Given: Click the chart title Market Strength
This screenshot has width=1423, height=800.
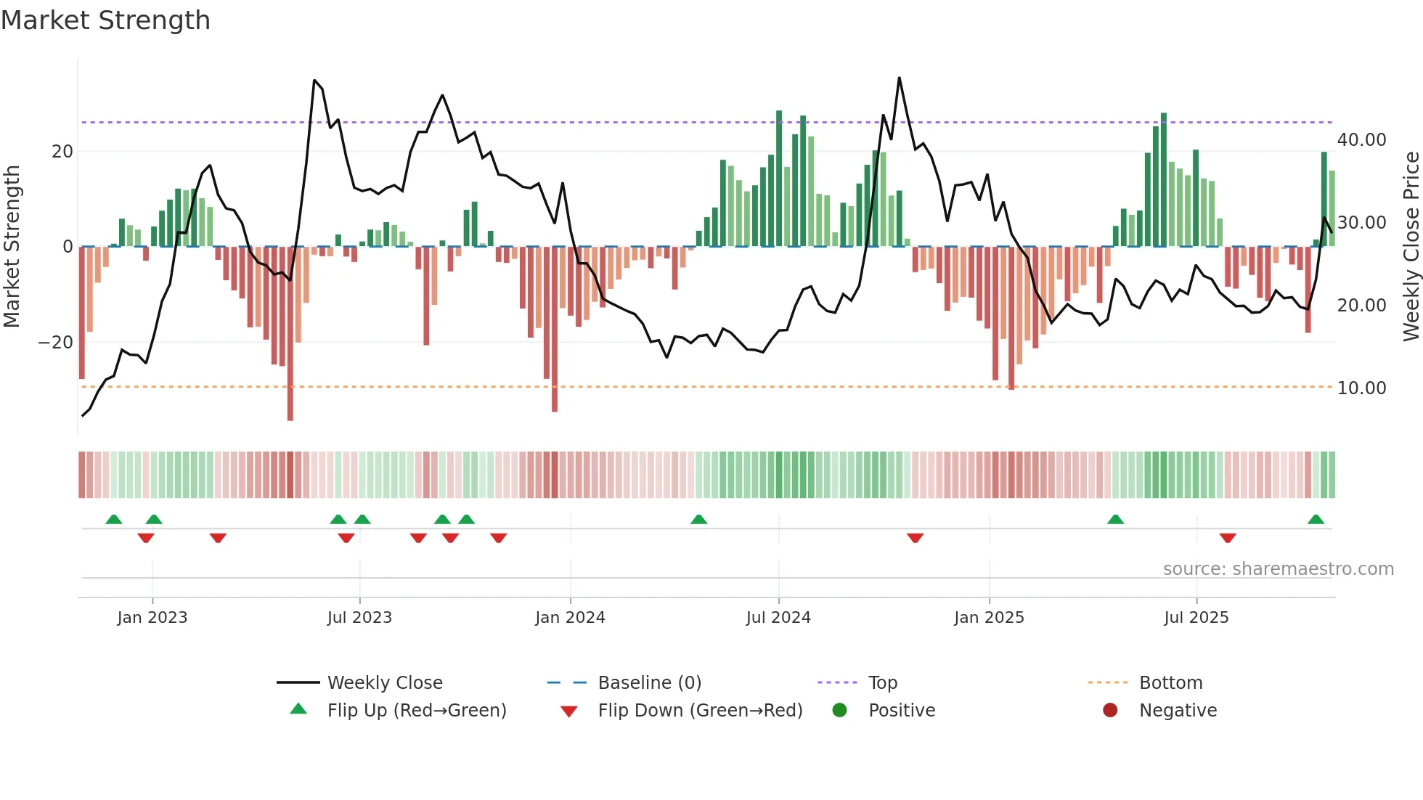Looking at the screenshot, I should pyautogui.click(x=106, y=20).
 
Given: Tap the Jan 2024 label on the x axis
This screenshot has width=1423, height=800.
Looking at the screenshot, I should pyautogui.click(x=570, y=618).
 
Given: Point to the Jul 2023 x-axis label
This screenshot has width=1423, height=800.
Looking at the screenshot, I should pyautogui.click(x=359, y=618).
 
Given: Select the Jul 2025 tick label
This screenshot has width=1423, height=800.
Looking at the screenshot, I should pyautogui.click(x=1196, y=618).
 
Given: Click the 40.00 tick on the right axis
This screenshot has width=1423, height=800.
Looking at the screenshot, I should pyautogui.click(x=1361, y=140).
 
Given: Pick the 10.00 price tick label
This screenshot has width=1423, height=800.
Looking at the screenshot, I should pyautogui.click(x=1361, y=388).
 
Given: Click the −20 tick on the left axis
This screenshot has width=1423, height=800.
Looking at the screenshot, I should pyautogui.click(x=56, y=343).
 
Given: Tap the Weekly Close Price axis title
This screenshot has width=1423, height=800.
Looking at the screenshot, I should pyautogui.click(x=1411, y=247).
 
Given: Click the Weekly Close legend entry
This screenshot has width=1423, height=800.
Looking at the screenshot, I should pyautogui.click(x=384, y=683).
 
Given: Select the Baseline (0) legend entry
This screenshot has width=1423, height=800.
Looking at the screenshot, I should pyautogui.click(x=649, y=683).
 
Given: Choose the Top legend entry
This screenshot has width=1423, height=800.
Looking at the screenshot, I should pyautogui.click(x=882, y=683).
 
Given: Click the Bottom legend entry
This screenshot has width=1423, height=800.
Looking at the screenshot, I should pyautogui.click(x=1170, y=683).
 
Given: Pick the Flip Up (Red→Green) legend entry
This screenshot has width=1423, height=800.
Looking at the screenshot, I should pyautogui.click(x=416, y=711).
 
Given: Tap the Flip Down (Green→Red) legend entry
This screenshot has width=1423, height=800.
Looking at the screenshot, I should pyautogui.click(x=699, y=711).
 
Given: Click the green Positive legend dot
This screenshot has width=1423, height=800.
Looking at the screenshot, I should pyautogui.click(x=840, y=711).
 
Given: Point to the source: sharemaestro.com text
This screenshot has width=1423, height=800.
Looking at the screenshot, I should pyautogui.click(x=1278, y=569).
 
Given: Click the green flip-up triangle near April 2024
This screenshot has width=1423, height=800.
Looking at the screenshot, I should pyautogui.click(x=698, y=520).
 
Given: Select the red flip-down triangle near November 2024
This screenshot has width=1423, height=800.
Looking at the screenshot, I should pyautogui.click(x=915, y=537).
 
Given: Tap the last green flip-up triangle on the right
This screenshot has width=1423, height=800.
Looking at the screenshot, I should pyautogui.click(x=1316, y=520).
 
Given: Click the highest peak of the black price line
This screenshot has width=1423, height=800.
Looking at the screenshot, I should pyautogui.click(x=899, y=78).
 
